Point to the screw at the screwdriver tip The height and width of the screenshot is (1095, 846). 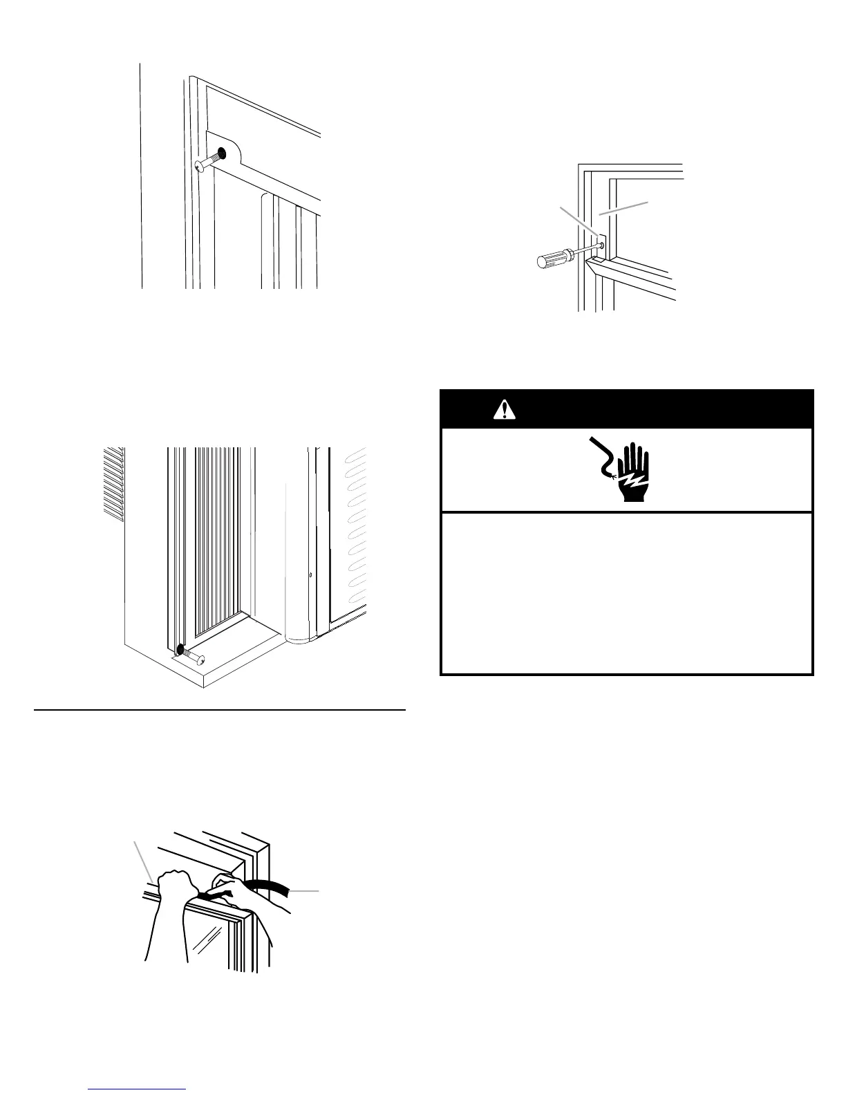point(601,244)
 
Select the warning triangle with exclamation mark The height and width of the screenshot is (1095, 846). point(505,410)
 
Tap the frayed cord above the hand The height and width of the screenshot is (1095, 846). point(601,456)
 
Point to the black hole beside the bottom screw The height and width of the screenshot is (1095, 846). point(180,650)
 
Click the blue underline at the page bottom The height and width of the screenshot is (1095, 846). point(138,1088)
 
